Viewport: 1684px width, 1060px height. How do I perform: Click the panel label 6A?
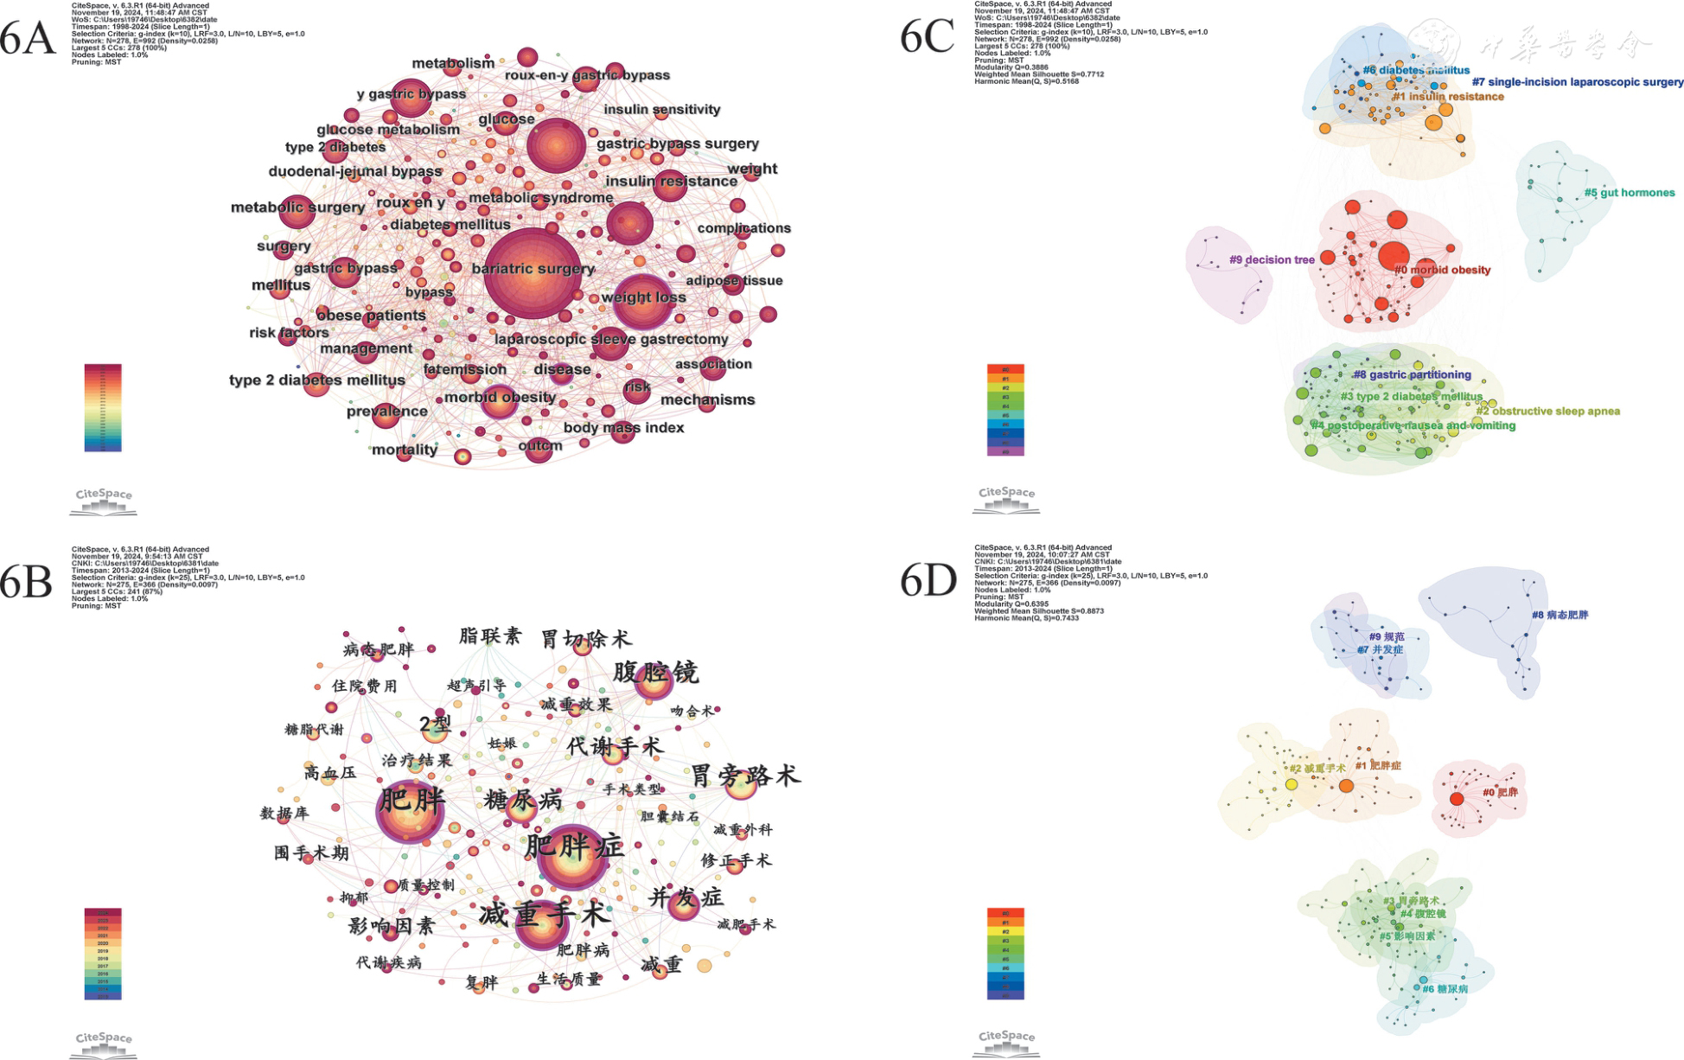pos(28,39)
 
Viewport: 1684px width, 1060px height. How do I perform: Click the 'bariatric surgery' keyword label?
pos(533,269)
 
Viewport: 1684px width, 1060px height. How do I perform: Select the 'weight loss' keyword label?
pos(643,297)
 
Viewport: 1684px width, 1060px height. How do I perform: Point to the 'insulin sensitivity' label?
pos(661,110)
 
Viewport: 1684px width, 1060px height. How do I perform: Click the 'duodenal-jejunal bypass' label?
pos(355,171)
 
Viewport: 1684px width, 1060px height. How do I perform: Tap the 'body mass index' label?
pos(623,428)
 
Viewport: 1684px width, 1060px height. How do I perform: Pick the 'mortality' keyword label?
pos(405,450)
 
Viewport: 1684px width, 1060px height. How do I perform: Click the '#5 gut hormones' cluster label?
pos(1630,193)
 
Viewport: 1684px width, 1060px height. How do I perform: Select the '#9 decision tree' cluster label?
pos(1272,259)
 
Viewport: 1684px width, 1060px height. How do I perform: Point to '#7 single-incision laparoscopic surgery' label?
pos(1578,82)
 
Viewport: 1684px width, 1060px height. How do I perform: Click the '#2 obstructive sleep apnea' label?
pos(1547,412)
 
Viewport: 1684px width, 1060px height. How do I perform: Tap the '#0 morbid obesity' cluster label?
pos(1442,271)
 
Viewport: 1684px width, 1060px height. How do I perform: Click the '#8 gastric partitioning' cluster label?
pos(1412,375)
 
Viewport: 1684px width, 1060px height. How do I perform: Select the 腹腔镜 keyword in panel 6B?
pos(655,672)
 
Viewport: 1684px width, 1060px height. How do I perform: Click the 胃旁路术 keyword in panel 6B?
pos(744,776)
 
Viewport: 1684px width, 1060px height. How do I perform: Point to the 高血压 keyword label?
pos(329,772)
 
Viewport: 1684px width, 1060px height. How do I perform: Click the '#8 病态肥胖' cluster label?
pos(1560,616)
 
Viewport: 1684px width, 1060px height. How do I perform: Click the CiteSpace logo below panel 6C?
pos(1006,500)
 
